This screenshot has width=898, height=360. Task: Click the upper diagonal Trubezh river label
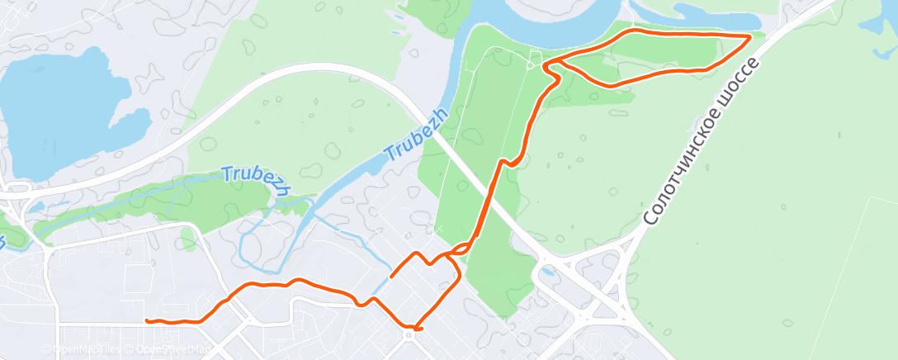415,135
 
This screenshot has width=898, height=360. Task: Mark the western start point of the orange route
146,320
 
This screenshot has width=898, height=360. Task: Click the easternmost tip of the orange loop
749,37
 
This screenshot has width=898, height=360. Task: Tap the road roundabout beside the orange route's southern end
409,335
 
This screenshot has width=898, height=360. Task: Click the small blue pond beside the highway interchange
547,270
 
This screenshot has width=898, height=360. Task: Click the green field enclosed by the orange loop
652,54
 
